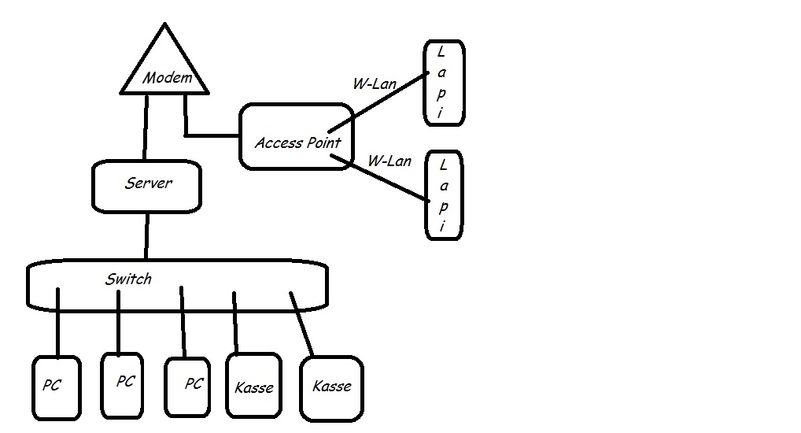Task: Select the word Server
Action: point(148,183)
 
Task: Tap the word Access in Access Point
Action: point(279,143)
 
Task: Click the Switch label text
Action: point(128,279)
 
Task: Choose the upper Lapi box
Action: point(444,83)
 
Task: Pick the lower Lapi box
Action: point(444,195)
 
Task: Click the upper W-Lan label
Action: point(374,83)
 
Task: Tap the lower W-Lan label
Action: point(389,161)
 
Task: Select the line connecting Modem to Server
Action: point(146,126)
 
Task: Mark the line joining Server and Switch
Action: point(146,235)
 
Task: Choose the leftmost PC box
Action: point(57,388)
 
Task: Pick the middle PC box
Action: point(123,384)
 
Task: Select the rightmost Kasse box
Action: point(331,387)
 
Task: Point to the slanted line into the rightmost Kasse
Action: point(301,324)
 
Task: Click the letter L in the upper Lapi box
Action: point(441,52)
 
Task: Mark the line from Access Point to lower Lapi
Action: point(382,179)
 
